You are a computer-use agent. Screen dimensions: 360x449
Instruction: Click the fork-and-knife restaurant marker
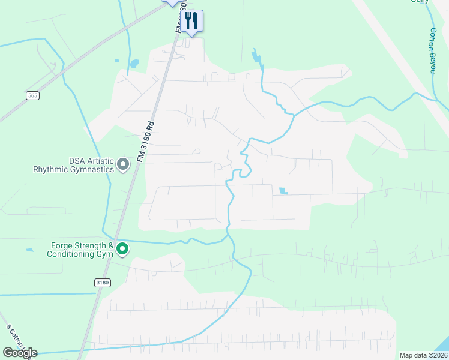pos(191,20)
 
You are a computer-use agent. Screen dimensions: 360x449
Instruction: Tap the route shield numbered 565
pos(32,95)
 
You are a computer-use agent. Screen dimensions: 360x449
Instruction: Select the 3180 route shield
pos(102,282)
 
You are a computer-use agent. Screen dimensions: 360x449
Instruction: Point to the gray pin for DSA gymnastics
pos(123,164)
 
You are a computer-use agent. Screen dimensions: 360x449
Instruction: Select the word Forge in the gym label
pos(63,245)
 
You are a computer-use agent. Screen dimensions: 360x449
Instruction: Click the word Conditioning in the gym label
pos(68,254)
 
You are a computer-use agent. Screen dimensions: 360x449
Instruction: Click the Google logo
pos(20,353)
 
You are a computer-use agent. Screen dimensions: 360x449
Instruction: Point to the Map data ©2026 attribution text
pos(423,355)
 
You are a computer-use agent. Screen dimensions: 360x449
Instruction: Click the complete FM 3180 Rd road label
pos(145,142)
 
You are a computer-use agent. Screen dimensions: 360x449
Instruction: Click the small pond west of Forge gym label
pos(29,249)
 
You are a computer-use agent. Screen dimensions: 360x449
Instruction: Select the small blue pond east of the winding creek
pos(283,191)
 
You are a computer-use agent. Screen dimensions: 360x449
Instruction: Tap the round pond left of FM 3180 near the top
pos(134,63)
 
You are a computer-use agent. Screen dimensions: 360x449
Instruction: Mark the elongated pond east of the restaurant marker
pos(257,58)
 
